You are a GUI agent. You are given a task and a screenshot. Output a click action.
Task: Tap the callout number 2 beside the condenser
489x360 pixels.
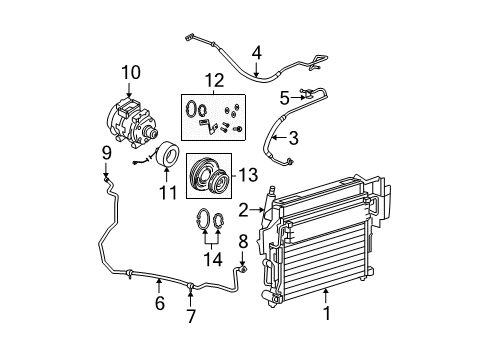pyautogui.click(x=243, y=209)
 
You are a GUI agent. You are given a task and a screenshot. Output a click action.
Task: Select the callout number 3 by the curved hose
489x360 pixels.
pyautogui.click(x=293, y=139)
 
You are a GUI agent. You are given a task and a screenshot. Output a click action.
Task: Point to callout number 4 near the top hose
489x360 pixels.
pyautogui.click(x=256, y=51)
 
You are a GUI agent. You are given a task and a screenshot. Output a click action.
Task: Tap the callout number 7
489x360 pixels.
pyautogui.click(x=190, y=316)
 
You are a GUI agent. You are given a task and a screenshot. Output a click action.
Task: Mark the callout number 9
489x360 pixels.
pyautogui.click(x=103, y=152)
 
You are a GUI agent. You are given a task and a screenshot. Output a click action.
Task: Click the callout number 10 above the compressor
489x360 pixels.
pyautogui.click(x=131, y=71)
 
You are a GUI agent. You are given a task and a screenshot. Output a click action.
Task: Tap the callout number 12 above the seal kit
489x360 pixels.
pyautogui.click(x=214, y=79)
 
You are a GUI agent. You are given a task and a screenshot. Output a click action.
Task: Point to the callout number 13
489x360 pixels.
pyautogui.click(x=249, y=176)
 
